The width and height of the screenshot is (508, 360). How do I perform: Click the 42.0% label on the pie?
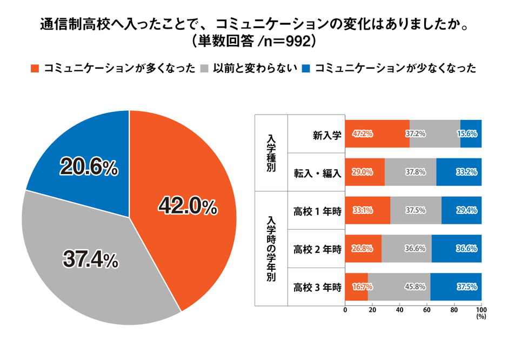tap(187, 206)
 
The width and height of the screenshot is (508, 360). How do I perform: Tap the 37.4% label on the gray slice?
tap(91, 260)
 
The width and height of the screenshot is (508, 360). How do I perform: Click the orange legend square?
tap(36, 69)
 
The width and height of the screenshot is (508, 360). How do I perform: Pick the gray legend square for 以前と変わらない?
tap(204, 69)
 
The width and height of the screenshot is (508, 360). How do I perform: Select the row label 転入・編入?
tap(317, 173)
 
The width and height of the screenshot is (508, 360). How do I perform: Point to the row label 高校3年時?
tap(317, 287)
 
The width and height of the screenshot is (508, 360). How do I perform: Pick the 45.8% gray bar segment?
tap(399, 286)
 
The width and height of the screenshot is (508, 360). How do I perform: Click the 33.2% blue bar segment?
tap(459, 172)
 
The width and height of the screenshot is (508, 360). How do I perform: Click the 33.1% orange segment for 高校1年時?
tap(367, 211)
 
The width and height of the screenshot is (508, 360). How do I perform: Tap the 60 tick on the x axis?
tap(427, 311)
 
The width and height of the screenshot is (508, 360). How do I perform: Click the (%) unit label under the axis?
tap(481, 317)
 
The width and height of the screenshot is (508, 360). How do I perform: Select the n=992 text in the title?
tap(281, 41)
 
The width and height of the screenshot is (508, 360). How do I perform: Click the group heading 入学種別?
tap(271, 152)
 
